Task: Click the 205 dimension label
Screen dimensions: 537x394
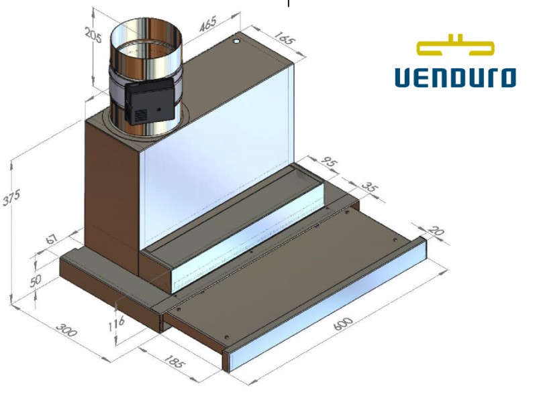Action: (93, 36)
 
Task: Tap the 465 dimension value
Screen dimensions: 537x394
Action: (208, 24)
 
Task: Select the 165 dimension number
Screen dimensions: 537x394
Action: (284, 39)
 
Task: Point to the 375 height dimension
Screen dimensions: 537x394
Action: (11, 198)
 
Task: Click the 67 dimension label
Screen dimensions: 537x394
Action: (52, 238)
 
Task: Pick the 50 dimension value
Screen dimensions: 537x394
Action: (36, 281)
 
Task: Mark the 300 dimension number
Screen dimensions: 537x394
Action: (66, 330)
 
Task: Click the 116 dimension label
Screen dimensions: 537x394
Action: (116, 324)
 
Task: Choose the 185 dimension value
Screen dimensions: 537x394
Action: (174, 361)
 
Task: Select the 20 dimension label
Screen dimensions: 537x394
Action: (437, 231)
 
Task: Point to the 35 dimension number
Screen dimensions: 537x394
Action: (370, 187)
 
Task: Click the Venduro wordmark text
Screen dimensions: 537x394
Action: (456, 78)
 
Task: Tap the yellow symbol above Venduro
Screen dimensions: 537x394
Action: (456, 45)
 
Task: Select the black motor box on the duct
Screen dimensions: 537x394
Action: (150, 101)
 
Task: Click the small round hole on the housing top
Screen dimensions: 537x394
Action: (237, 42)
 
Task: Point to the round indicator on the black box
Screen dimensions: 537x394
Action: (159, 110)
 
